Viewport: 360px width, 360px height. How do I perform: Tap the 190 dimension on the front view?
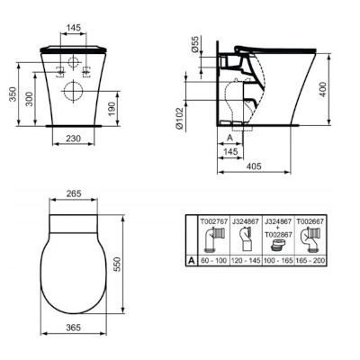(111, 109)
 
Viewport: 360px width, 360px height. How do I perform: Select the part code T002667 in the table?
(317, 219)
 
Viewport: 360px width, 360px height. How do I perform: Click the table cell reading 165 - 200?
(317, 259)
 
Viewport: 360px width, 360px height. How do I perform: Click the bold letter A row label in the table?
(192, 259)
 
